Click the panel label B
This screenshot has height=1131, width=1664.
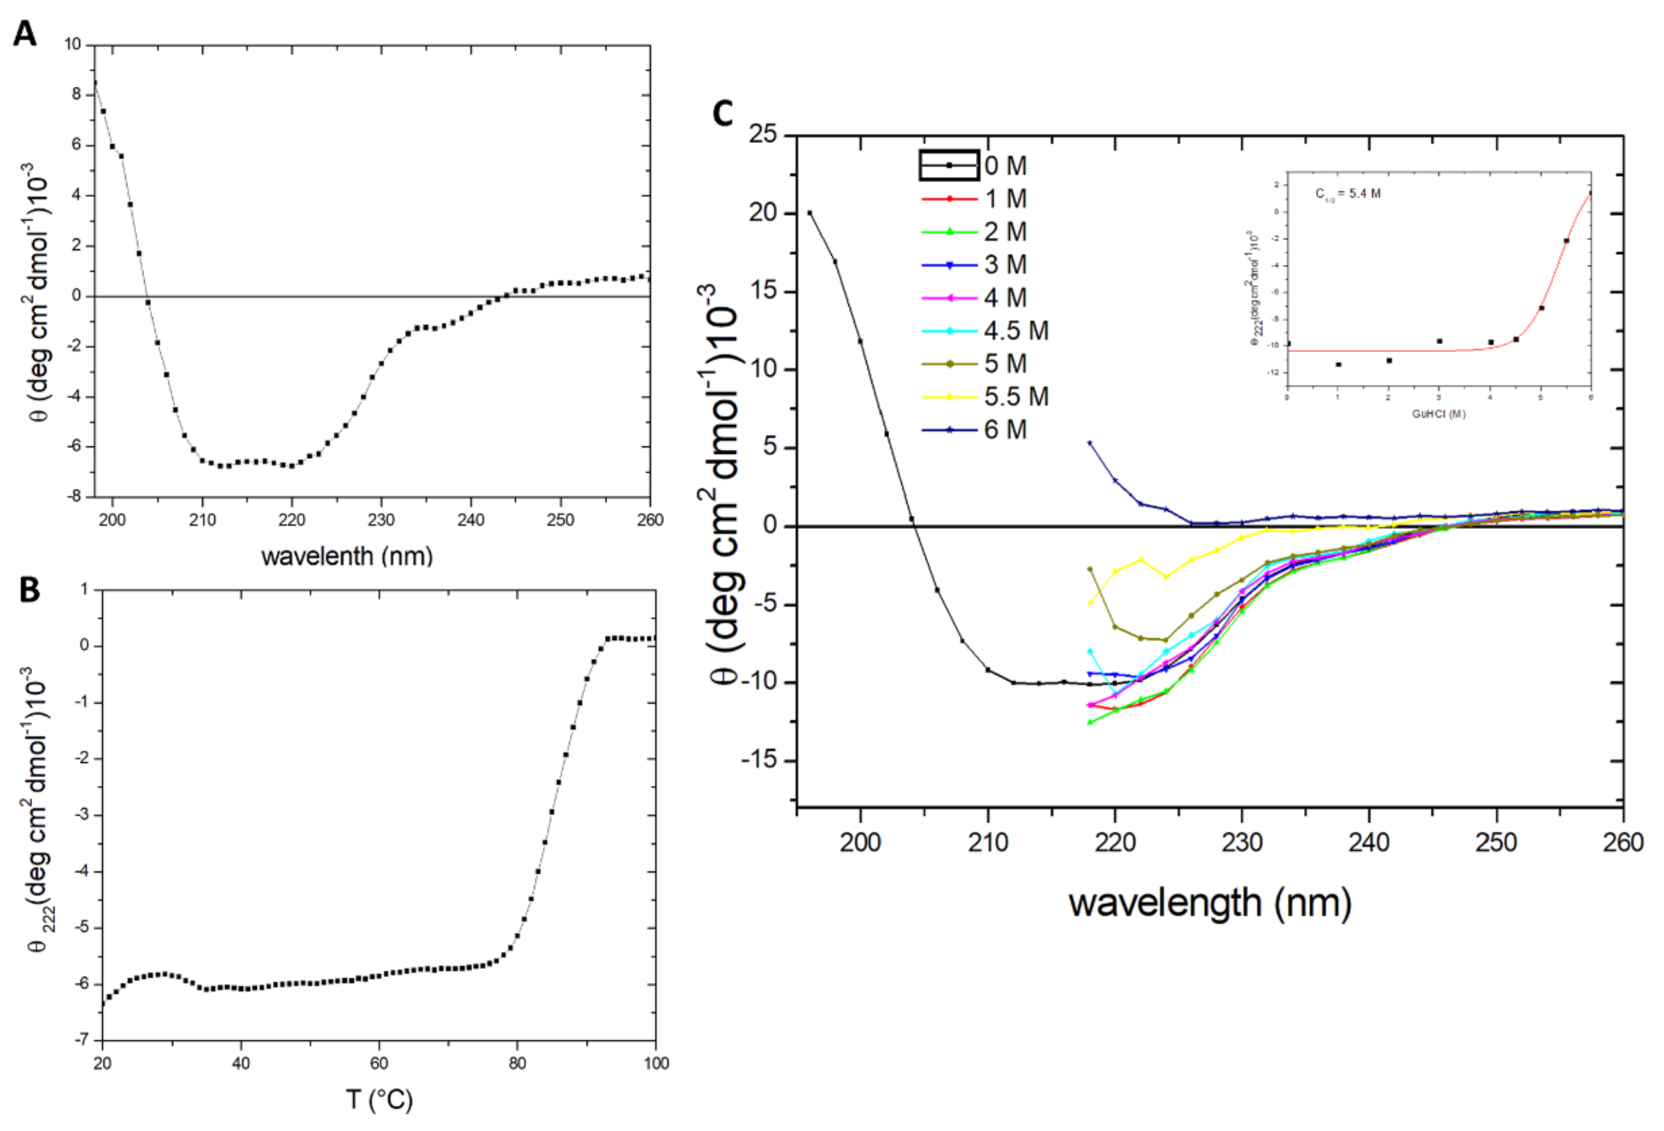[x=29, y=589]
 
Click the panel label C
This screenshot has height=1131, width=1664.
[x=723, y=113]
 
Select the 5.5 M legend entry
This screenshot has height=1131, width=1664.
[x=1015, y=396]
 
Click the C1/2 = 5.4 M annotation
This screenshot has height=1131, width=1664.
[x=1347, y=193]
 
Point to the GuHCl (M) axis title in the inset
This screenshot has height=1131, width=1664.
[x=1438, y=414]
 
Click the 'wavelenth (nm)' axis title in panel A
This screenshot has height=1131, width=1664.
[x=347, y=556]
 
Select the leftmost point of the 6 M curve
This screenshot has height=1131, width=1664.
[x=1090, y=443]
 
